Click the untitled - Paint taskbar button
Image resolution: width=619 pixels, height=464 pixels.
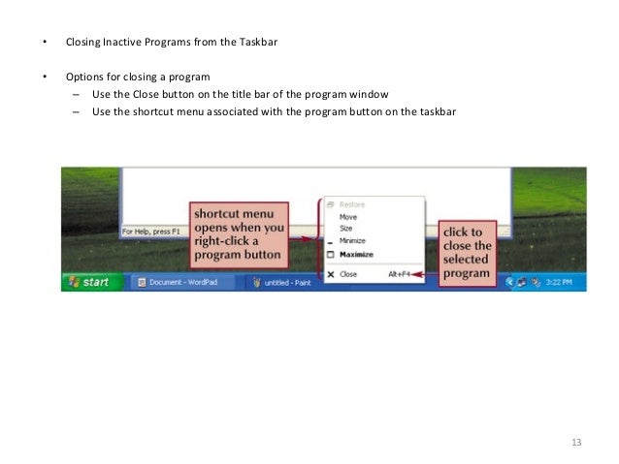tap(282, 283)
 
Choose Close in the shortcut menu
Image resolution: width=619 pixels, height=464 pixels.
tap(347, 274)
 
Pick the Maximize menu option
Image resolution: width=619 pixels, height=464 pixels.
tap(356, 255)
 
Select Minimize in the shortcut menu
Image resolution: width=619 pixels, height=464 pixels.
tap(353, 240)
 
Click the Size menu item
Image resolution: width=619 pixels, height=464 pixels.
tap(347, 229)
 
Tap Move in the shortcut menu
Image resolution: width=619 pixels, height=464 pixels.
tap(348, 217)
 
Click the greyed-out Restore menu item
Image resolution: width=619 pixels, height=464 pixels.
tap(352, 205)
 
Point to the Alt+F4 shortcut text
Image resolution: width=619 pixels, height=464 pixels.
tap(400, 274)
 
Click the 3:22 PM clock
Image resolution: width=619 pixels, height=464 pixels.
tap(558, 282)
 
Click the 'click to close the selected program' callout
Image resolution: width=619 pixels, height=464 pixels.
tap(467, 253)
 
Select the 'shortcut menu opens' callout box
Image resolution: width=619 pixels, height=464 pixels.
tap(238, 233)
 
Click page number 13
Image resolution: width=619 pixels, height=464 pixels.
tap(576, 443)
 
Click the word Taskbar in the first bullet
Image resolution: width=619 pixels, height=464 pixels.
tap(258, 43)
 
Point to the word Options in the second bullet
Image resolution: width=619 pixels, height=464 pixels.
tap(82, 77)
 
